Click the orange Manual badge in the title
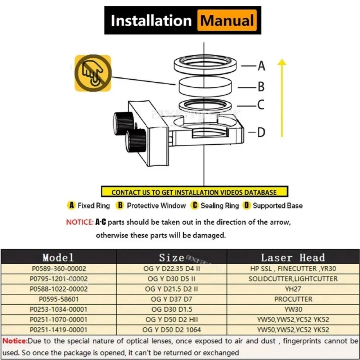pyautogui.click(x=227, y=20)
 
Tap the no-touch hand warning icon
pyautogui.click(x=93, y=73)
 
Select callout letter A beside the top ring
pyautogui.click(x=261, y=66)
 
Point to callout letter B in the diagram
pyautogui.click(x=261, y=87)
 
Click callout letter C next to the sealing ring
pyautogui.click(x=261, y=104)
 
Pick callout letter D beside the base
pyautogui.click(x=261, y=132)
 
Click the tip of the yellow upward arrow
pyautogui.click(x=282, y=59)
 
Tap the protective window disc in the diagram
pyautogui.click(x=205, y=86)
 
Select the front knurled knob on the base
pyautogui.click(x=136, y=140)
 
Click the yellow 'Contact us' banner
pyautogui.click(x=194, y=192)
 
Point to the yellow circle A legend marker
pyautogui.click(x=71, y=205)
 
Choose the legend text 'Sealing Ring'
pyautogui.click(x=220, y=206)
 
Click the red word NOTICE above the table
pyautogui.click(x=80, y=222)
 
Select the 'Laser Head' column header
pyautogui.click(x=293, y=258)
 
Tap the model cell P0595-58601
pyautogui.click(x=59, y=299)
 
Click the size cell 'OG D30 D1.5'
pyautogui.click(x=172, y=309)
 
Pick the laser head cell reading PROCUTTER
pyautogui.click(x=293, y=299)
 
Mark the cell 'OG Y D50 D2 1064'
pyautogui.click(x=171, y=330)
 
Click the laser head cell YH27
pyautogui.click(x=293, y=289)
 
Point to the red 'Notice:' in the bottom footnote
pyautogui.click(x=15, y=341)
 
